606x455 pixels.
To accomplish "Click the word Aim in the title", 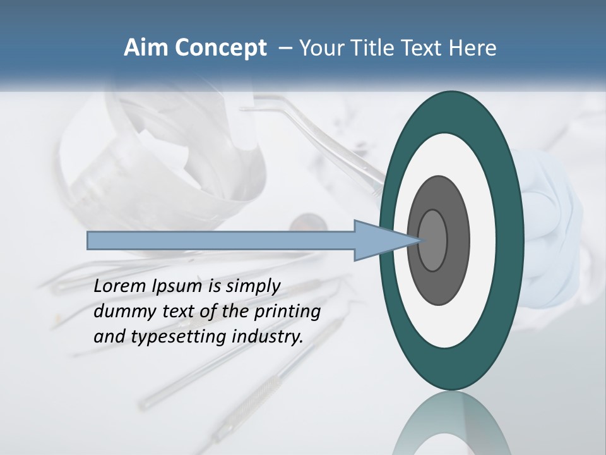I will (x=146, y=48).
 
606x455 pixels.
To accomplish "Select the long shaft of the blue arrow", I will (x=221, y=240).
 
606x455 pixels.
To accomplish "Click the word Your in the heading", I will (x=322, y=48).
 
